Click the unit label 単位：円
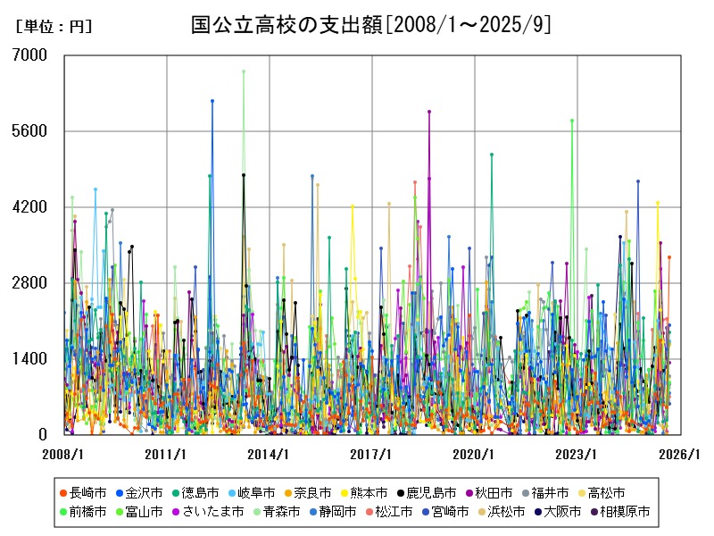54,27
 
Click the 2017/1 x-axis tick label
372,454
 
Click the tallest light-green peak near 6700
243,71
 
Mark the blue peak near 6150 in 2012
212,101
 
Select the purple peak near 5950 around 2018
429,112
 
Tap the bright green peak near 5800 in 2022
572,120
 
